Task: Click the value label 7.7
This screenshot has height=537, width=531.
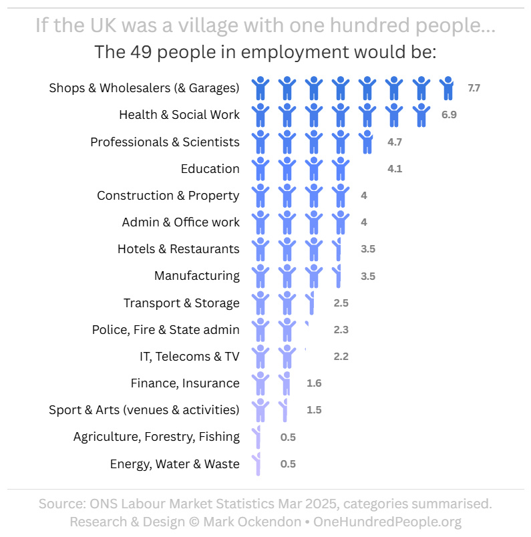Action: pyautogui.click(x=474, y=88)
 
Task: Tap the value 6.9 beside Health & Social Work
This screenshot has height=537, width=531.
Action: pyautogui.click(x=449, y=115)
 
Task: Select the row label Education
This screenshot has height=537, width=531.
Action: pyautogui.click(x=210, y=169)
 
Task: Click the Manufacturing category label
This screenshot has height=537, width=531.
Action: pyautogui.click(x=196, y=276)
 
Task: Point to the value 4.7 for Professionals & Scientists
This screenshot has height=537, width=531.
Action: pyautogui.click(x=395, y=142)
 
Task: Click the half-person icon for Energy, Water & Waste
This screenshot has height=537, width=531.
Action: pyautogui.click(x=256, y=464)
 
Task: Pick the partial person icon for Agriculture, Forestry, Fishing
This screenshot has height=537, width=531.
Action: pyautogui.click(x=256, y=437)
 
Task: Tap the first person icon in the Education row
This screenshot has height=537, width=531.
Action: pyautogui.click(x=260, y=169)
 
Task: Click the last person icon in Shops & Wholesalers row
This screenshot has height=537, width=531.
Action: pyautogui.click(x=448, y=88)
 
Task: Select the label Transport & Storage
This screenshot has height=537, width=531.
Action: pyautogui.click(x=181, y=303)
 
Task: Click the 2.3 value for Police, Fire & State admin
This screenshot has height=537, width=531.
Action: pyautogui.click(x=341, y=330)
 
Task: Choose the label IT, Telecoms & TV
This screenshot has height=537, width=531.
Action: pyautogui.click(x=189, y=357)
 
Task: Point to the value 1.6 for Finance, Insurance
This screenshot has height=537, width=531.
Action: pyautogui.click(x=314, y=383)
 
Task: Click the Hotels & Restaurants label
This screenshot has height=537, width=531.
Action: pyautogui.click(x=178, y=249)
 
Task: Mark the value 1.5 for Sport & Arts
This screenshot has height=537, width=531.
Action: pyautogui.click(x=314, y=410)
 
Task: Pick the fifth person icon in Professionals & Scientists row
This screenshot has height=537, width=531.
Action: pyautogui.click(x=366, y=142)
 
